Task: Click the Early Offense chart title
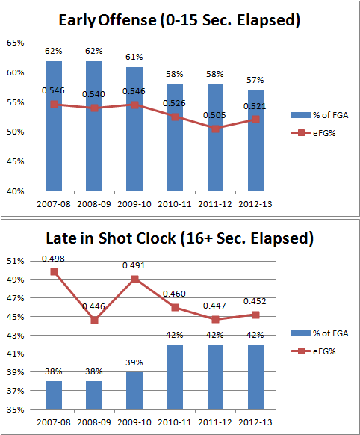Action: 179,20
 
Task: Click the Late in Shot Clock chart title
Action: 179,238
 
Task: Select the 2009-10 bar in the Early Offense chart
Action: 134,129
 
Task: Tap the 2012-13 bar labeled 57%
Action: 255,141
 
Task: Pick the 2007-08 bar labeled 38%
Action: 54,395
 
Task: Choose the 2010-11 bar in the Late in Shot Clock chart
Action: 175,377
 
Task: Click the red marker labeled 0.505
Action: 215,129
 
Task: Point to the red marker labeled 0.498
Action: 54,271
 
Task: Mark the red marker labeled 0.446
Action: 94,320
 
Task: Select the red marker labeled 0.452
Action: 255,315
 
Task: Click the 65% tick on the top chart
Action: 16,43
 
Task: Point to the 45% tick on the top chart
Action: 16,161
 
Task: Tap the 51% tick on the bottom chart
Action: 16,261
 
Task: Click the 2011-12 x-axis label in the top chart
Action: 215,204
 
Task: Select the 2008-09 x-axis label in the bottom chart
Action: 94,422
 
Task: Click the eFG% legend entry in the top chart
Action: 313,133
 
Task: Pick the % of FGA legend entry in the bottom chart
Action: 320,333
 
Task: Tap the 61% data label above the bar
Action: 134,57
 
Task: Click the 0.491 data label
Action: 134,265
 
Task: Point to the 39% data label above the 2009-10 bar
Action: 134,362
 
